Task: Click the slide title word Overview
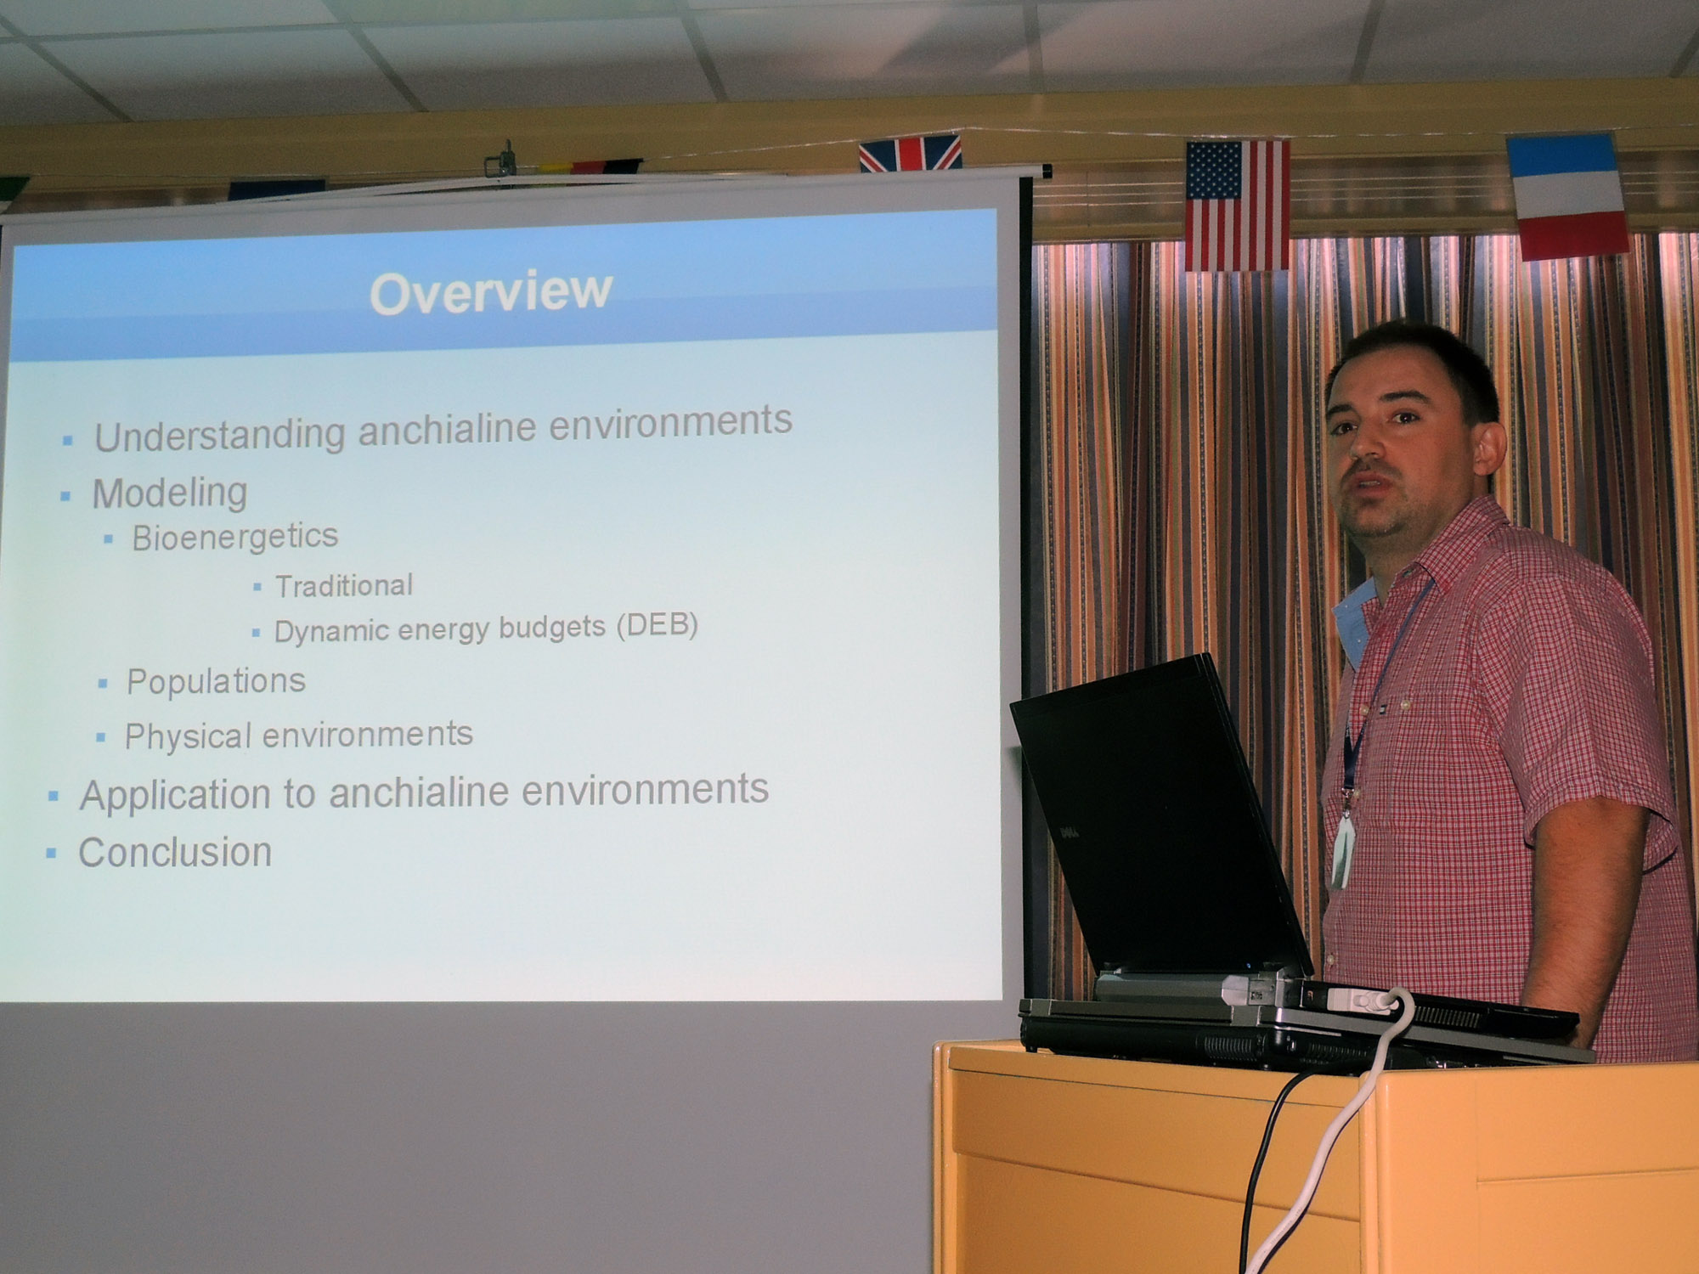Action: [x=491, y=292]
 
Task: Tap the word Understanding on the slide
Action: [x=219, y=435]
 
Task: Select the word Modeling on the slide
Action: [x=170, y=493]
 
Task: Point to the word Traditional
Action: [x=344, y=585]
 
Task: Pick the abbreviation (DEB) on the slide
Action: [x=657, y=625]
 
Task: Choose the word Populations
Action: [x=216, y=681]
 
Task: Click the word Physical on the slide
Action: [x=188, y=736]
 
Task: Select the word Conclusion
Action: [x=175, y=853]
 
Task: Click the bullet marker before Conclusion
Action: [x=51, y=853]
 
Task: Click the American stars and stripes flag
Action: [x=1238, y=205]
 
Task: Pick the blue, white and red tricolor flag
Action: [x=1568, y=197]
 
